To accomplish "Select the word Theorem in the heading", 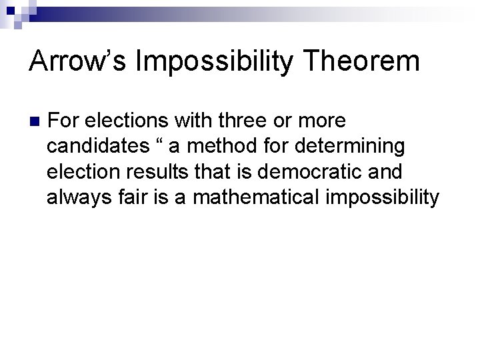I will [x=361, y=62].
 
